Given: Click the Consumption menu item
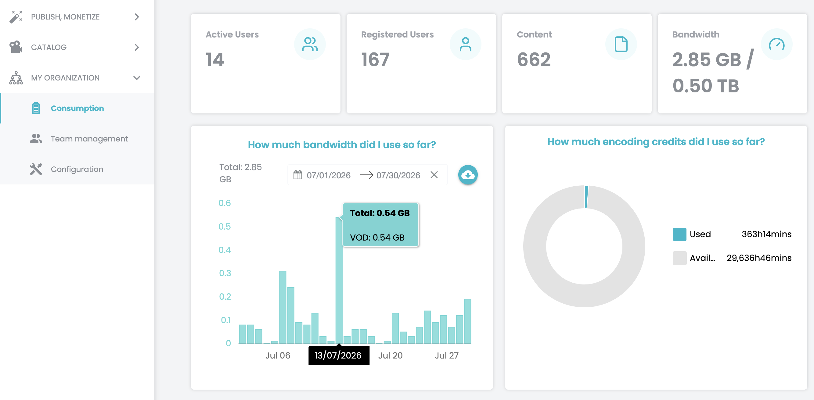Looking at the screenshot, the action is click(x=77, y=108).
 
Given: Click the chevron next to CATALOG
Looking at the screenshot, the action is click(x=137, y=47).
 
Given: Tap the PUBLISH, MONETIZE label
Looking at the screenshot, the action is click(x=65, y=17).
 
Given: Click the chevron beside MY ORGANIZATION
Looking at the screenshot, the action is click(x=137, y=78).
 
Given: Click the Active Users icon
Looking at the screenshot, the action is click(x=310, y=44).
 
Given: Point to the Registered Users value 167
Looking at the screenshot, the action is click(x=375, y=59).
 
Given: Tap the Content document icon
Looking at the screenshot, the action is click(x=621, y=44).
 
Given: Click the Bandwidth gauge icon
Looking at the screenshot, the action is click(x=776, y=44).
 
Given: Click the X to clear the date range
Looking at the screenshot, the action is click(x=434, y=175).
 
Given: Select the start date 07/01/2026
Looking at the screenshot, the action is click(x=329, y=175).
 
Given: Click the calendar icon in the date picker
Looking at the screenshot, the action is click(x=298, y=175).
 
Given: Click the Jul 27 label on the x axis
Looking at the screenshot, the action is click(x=446, y=355).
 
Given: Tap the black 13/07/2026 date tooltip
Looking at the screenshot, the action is click(x=339, y=355).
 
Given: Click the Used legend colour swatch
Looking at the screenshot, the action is click(x=679, y=234).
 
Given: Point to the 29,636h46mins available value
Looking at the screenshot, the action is click(x=759, y=258).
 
